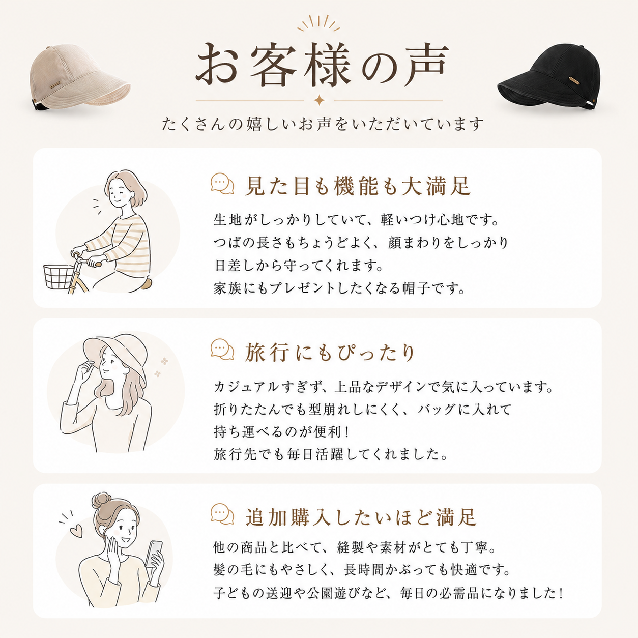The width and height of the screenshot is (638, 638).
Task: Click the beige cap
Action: [79, 76]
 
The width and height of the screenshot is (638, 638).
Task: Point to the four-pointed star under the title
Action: [319, 100]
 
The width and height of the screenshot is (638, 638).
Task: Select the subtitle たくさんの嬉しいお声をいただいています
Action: [323, 124]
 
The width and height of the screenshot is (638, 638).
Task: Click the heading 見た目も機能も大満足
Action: [358, 186]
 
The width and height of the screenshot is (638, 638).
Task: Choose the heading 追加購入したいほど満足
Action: [361, 517]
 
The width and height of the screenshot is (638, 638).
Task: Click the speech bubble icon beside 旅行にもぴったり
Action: [222, 350]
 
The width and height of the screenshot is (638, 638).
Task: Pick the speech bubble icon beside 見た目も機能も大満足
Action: [222, 184]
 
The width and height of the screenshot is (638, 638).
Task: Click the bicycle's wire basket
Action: [59, 276]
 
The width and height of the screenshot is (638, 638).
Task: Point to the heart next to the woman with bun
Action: [76, 531]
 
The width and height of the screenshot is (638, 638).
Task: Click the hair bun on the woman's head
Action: [101, 500]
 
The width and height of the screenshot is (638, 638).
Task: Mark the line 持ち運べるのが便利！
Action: [281, 432]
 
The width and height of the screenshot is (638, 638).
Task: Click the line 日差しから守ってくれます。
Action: [298, 266]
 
